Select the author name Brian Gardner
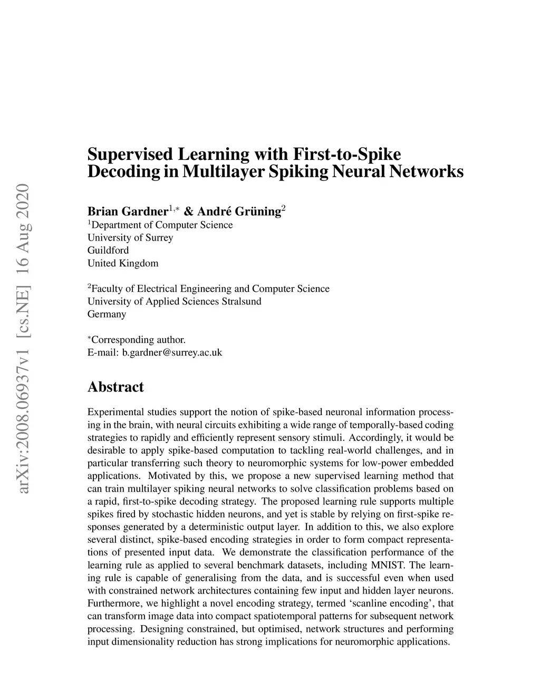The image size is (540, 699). point(127,212)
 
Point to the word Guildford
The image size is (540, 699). point(108,250)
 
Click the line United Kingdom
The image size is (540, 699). point(123,263)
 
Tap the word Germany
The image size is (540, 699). point(107,314)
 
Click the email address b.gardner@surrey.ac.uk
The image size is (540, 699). point(172,352)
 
